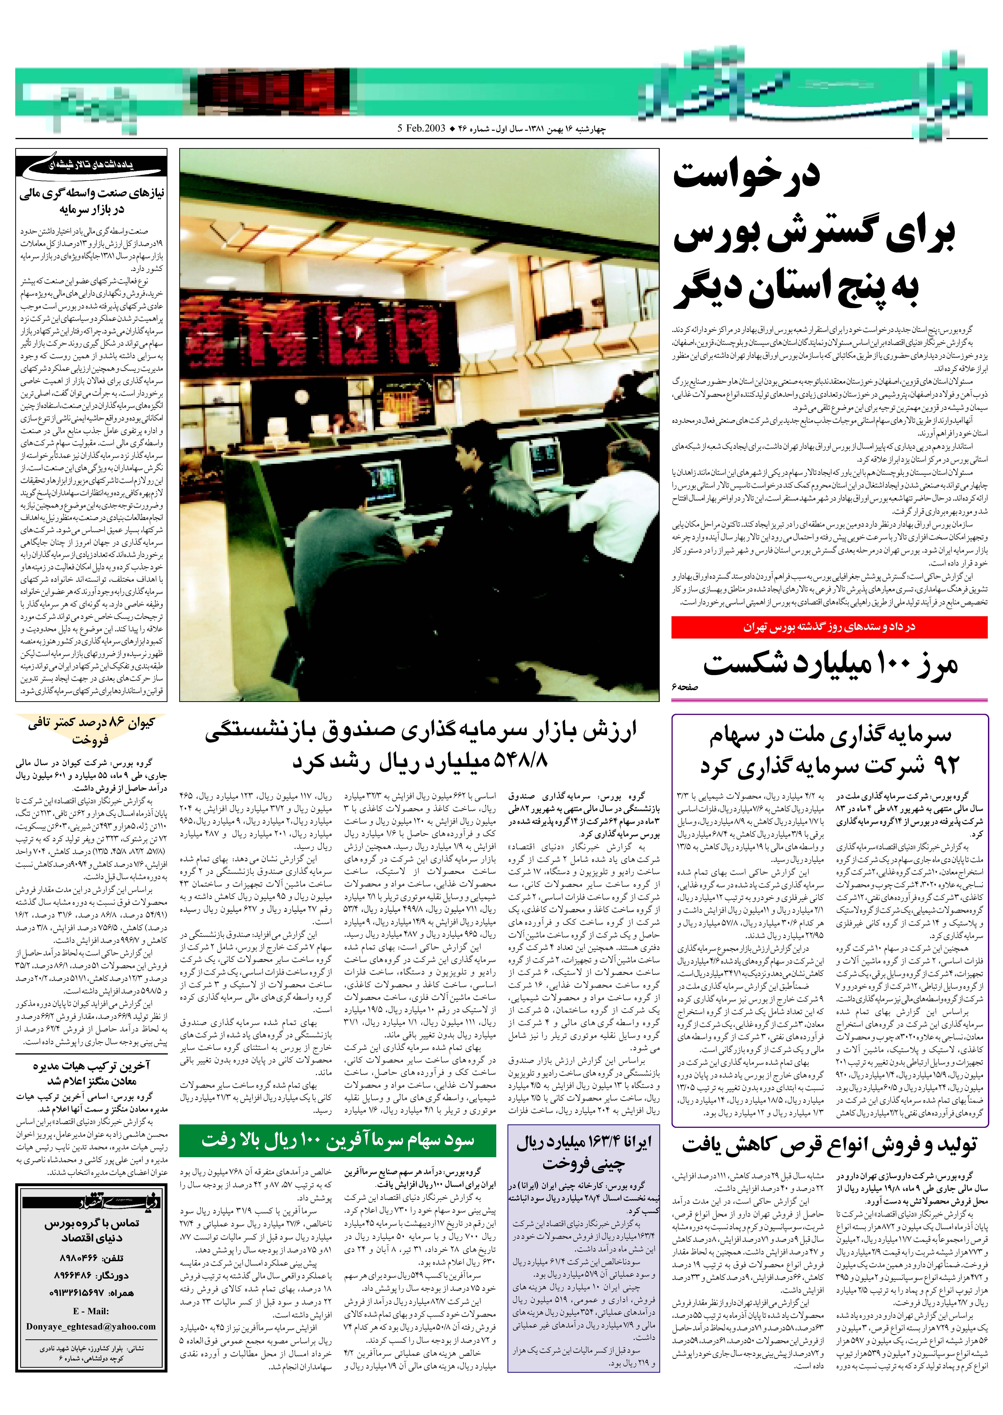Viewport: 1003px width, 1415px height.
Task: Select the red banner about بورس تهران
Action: pyautogui.click(x=829, y=627)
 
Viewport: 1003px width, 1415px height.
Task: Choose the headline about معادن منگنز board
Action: pyautogui.click(x=91, y=1074)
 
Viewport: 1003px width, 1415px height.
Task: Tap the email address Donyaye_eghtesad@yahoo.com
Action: pyautogui.click(x=91, y=1327)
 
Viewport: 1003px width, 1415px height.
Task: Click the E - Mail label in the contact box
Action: pyautogui.click(x=91, y=1311)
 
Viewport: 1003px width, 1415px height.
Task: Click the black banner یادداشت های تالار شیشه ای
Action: pyautogui.click(x=91, y=166)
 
